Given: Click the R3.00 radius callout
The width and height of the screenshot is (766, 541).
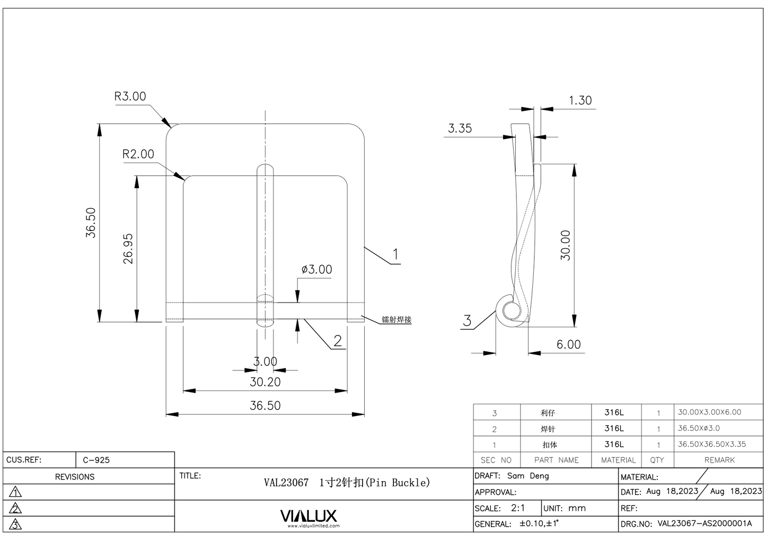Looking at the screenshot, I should pos(130,96).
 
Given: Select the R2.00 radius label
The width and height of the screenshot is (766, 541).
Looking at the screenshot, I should pos(138,154).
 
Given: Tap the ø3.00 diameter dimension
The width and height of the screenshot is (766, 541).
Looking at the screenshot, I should pos(316,269).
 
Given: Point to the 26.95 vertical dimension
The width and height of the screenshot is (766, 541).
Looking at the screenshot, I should pos(128,249).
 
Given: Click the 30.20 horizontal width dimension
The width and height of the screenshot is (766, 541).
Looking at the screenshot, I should pos(265,382).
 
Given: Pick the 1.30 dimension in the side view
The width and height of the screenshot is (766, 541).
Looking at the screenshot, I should pos(580,101).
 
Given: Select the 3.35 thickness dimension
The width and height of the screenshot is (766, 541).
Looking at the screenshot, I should pos(460,128).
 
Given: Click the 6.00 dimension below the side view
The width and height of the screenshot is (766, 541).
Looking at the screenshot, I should pos(568,344).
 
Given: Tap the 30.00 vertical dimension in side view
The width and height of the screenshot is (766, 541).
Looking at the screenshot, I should pos(566,245).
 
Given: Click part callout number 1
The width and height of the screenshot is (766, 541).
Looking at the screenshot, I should pos(395,254).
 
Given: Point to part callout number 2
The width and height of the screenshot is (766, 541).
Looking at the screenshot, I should pos(337,341).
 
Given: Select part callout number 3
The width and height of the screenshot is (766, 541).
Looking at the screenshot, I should pos(467,321).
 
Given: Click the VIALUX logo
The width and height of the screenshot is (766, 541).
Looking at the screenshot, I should pos(308,516).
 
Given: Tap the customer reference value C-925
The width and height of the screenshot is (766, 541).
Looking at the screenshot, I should pos(96,460).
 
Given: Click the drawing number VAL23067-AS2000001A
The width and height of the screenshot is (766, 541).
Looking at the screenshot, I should pos(705,524).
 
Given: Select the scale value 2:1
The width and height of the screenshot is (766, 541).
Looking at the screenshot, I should pos(518,508).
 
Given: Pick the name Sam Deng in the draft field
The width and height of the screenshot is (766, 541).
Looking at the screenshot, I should pos(528,476).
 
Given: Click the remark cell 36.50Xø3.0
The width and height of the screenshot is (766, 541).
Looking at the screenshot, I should pos(699,428).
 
